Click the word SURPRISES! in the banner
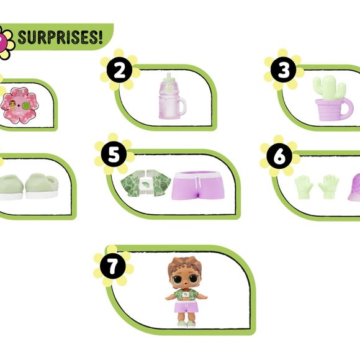coord(60,37)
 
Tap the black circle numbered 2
coord(119,70)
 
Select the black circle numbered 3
coord(283,70)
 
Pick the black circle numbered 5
coord(114,155)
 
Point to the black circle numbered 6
coord(279,156)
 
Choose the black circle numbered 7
coord(113,266)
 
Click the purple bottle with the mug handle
coord(172,96)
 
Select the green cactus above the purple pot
coord(329,88)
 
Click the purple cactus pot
coord(333,109)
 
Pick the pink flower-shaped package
coord(19,105)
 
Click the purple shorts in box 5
coord(198,186)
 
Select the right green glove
coord(328,186)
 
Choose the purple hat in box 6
coord(354,187)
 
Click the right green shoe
coord(42,186)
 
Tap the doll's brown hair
coord(185,267)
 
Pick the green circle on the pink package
coord(27,106)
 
